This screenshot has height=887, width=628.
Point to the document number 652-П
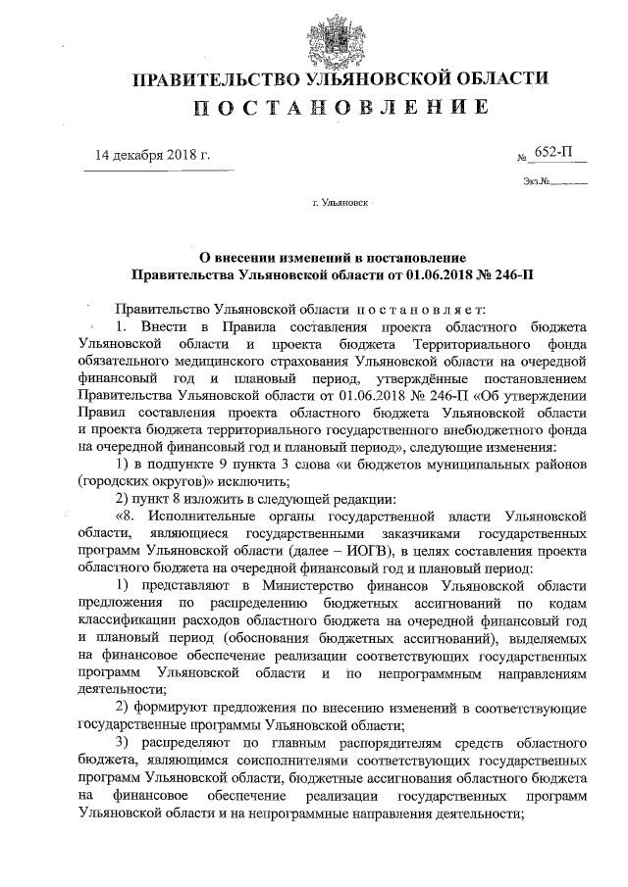557,153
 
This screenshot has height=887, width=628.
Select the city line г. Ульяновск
340,207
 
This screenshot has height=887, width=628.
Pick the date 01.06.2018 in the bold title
427,269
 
